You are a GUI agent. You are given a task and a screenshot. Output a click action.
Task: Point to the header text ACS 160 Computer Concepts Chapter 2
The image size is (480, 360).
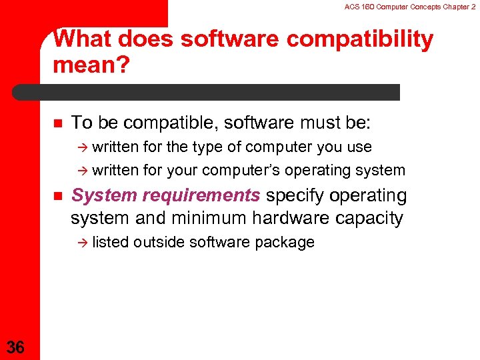click(411, 7)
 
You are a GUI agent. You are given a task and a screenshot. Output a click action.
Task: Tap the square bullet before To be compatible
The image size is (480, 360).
click(57, 123)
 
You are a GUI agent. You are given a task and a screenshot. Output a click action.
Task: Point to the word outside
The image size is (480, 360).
click(159, 242)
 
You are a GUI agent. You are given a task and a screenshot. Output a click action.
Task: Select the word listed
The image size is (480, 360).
click(111, 242)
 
